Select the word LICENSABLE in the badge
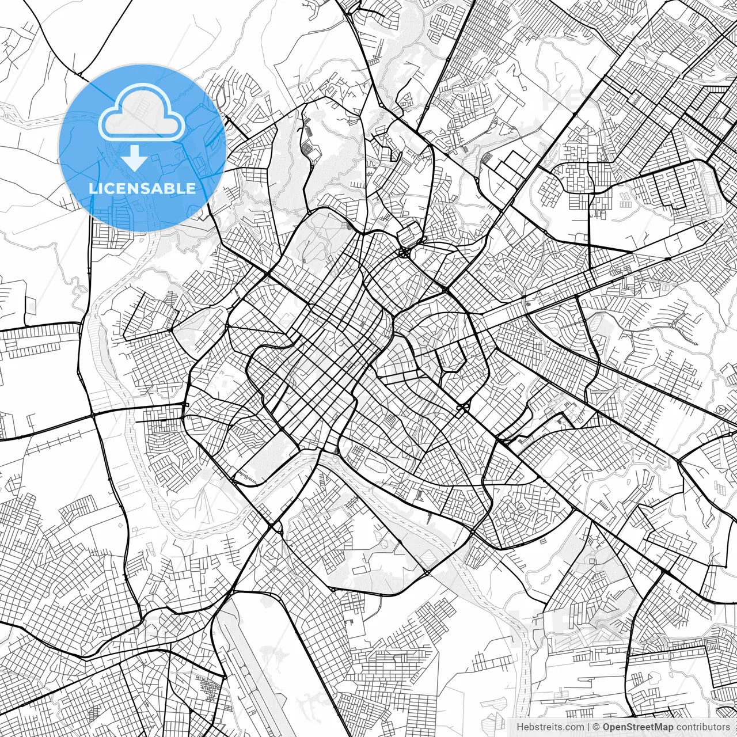(x=142, y=188)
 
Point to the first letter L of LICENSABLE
(x=93, y=188)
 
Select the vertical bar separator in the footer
(x=588, y=727)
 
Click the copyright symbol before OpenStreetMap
(x=597, y=727)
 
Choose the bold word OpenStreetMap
(x=638, y=727)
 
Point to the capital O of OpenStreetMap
(x=607, y=727)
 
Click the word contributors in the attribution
(x=702, y=727)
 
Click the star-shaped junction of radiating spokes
(x=405, y=252)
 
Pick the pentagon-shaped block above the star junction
(x=410, y=234)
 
